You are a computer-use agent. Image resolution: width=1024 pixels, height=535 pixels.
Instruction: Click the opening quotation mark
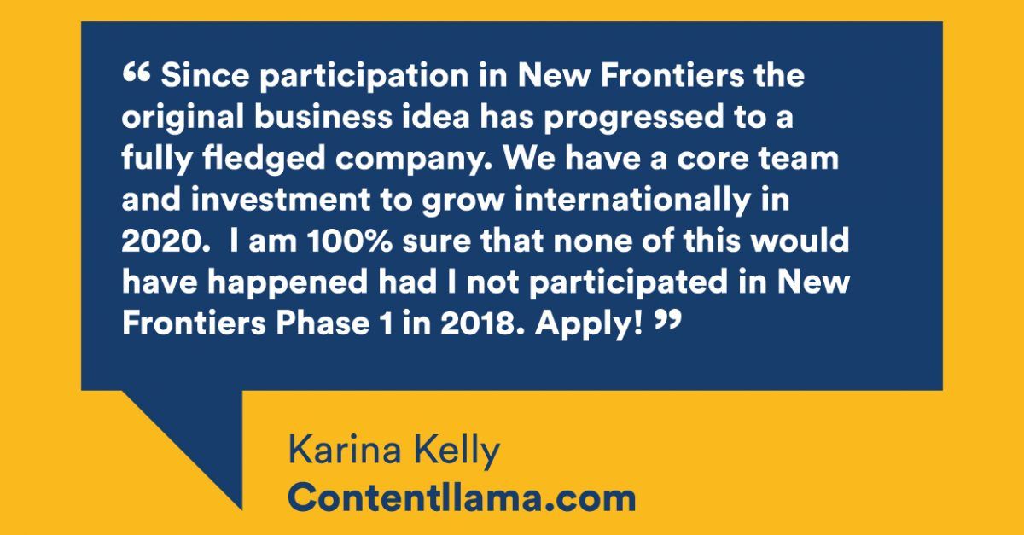[x=136, y=73]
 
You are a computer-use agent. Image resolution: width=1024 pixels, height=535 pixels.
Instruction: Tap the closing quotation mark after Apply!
[x=668, y=320]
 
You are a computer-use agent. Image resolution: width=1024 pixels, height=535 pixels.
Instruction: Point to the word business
[x=323, y=116]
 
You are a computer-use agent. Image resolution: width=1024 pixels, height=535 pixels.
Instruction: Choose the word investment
[x=281, y=199]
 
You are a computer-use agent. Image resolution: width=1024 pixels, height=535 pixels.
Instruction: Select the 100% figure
[x=350, y=240]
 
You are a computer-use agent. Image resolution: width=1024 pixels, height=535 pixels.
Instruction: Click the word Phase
[x=323, y=323]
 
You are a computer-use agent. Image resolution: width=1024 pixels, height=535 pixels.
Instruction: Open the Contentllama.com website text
[x=462, y=497]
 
